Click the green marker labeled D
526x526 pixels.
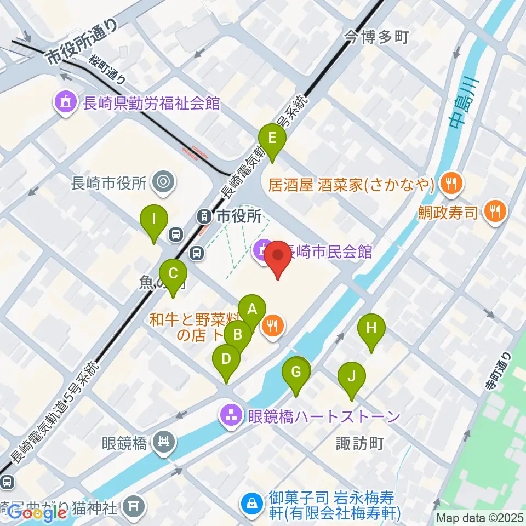tap(226, 359)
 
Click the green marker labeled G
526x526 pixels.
tap(296, 373)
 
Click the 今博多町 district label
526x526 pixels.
tap(376, 37)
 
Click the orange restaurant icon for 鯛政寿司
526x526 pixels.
tap(496, 210)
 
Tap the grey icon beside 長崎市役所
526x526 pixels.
tap(163, 182)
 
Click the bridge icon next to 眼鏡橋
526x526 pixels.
tap(163, 442)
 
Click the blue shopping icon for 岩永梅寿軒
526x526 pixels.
tap(253, 503)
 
